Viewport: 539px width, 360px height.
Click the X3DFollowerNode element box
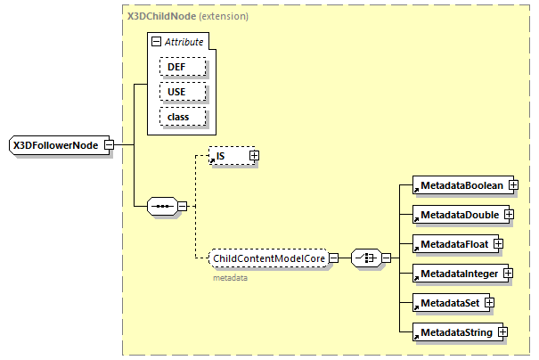tap(55, 144)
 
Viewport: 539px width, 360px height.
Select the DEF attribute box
tap(183, 67)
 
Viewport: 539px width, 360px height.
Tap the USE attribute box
tap(183, 92)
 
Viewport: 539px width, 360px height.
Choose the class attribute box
tap(183, 116)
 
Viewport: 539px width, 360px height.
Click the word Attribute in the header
tap(184, 42)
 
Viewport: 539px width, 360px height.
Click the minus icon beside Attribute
tap(156, 42)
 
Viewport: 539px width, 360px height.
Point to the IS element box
tap(227, 156)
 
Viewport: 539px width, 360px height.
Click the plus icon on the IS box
tap(254, 156)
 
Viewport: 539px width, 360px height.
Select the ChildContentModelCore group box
tap(268, 258)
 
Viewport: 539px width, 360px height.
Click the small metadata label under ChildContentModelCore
tap(230, 278)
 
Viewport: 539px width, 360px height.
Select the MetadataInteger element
tap(458, 273)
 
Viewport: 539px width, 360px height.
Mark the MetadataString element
tap(454, 332)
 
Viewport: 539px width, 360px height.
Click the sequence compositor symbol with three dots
tap(161, 206)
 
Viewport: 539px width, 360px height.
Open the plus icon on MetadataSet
tap(489, 303)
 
